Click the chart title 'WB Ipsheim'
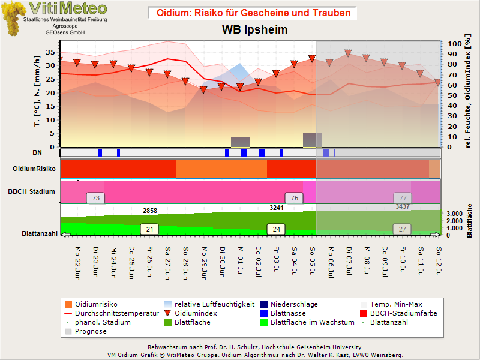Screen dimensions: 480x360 click(x=254, y=29)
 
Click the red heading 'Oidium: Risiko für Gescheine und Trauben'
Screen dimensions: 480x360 click(x=253, y=13)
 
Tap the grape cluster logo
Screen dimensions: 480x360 click(x=13, y=19)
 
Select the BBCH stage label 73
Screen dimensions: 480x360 click(x=96, y=198)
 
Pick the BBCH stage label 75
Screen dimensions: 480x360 click(x=294, y=198)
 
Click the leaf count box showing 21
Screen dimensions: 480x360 click(x=149, y=229)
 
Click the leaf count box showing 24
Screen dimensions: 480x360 click(x=277, y=229)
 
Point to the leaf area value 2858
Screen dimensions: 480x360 click(x=150, y=211)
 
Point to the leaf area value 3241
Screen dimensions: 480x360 click(x=277, y=208)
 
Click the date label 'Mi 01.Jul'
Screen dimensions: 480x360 click(x=241, y=261)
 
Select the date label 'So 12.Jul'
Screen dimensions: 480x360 click(x=439, y=262)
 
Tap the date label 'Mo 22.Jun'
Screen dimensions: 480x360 click(x=77, y=263)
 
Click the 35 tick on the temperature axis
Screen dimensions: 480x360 click(x=50, y=52)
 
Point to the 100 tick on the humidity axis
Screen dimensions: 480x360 click(x=455, y=44)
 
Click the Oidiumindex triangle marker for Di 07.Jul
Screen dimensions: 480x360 click(x=348, y=53)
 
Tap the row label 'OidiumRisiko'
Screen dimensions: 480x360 click(x=34, y=169)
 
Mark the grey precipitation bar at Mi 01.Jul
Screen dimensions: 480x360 click(x=241, y=142)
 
